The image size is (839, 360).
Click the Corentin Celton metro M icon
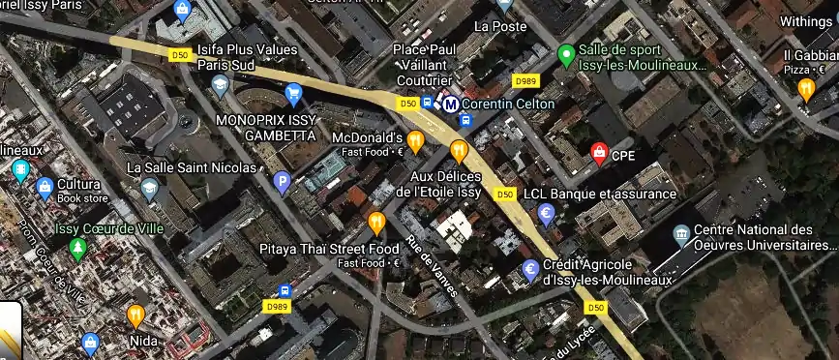(x=450, y=104)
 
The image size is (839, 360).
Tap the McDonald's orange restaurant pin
(x=415, y=141)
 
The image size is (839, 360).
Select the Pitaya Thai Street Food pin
(x=376, y=224)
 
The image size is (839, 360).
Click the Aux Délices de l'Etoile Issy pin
(x=458, y=150)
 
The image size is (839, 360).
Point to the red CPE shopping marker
(x=599, y=152)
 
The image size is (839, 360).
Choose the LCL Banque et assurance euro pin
(x=547, y=214)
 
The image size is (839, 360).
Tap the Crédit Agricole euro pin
(x=529, y=270)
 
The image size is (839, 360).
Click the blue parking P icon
(x=283, y=180)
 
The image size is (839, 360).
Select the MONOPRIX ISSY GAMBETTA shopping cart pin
(x=293, y=94)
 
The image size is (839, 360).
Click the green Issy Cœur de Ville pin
(x=77, y=248)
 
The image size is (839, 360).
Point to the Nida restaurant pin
(x=135, y=315)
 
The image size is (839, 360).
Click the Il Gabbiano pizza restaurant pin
(x=806, y=89)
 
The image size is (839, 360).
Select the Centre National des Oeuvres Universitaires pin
(x=681, y=234)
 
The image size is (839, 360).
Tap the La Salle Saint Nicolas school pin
(x=148, y=189)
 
